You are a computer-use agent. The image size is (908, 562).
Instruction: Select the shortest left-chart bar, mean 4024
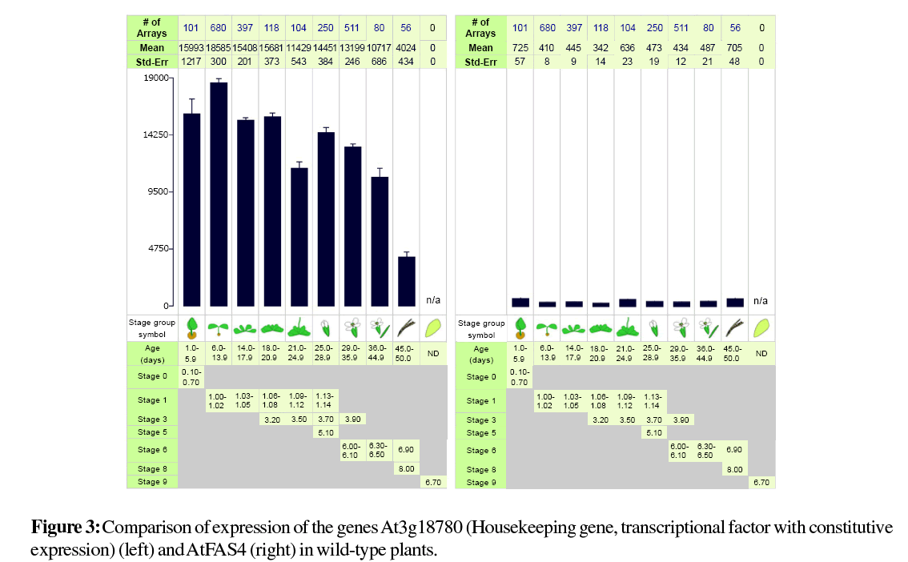(407, 281)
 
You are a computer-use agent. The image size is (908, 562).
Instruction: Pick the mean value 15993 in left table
(191, 48)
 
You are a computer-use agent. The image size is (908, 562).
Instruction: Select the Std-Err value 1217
(191, 62)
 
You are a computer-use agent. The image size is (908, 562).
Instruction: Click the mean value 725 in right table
(520, 48)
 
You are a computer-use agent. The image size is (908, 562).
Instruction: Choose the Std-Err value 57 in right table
(520, 62)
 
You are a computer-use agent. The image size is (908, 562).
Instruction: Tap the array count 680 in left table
(218, 28)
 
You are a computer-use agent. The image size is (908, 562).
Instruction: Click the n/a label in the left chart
(433, 300)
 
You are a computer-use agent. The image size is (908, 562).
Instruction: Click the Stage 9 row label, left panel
(151, 482)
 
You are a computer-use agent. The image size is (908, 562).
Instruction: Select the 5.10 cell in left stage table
(326, 432)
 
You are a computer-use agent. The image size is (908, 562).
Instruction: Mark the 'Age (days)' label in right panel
(481, 354)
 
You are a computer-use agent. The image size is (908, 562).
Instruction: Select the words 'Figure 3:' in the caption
(66, 528)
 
